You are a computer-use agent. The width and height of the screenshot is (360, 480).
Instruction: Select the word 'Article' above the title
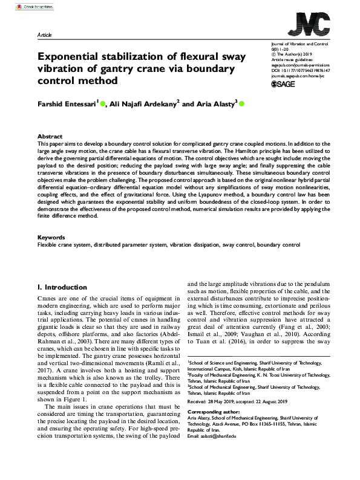[44, 36]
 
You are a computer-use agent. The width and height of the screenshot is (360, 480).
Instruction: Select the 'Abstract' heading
[50, 137]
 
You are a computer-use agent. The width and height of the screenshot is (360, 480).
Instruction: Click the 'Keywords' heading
[51, 238]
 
